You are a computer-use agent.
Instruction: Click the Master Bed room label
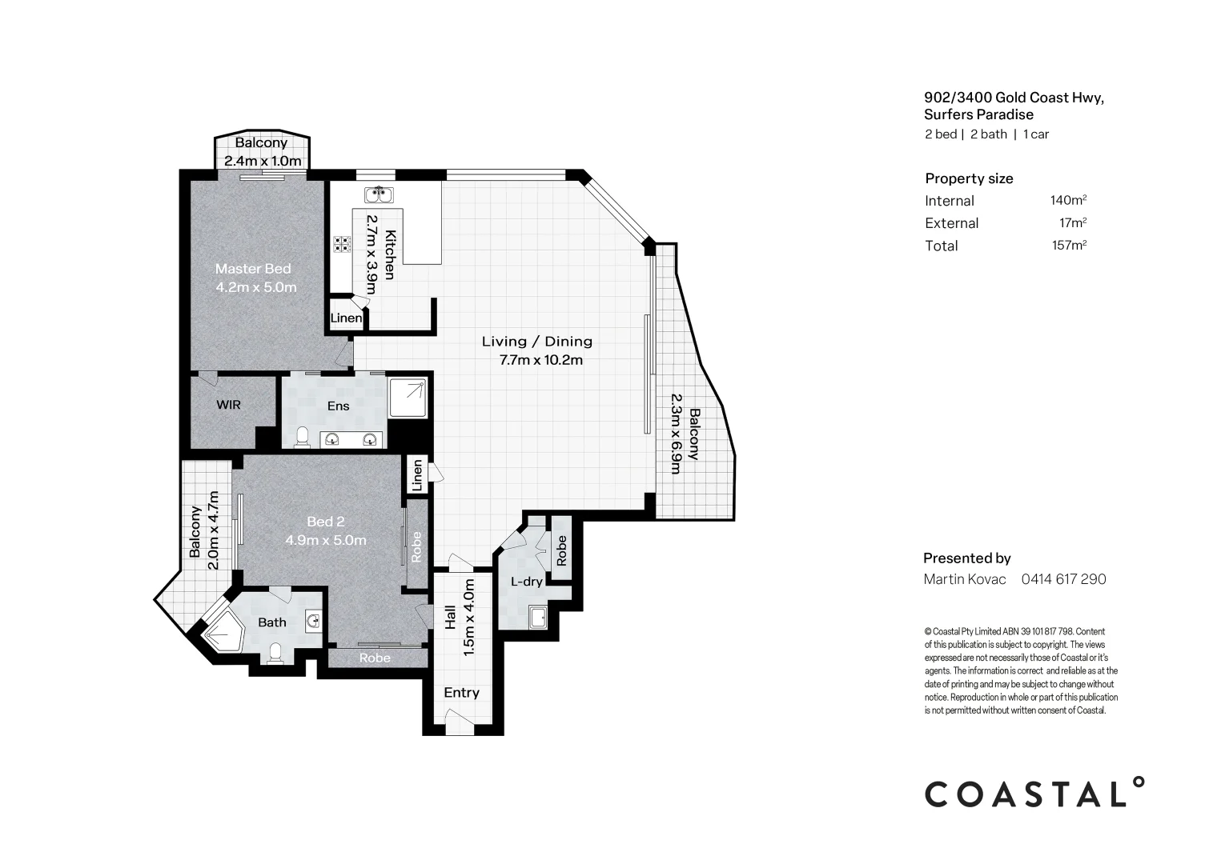(253, 269)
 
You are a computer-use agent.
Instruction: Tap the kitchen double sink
(378, 194)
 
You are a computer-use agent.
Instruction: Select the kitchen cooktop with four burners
(342, 244)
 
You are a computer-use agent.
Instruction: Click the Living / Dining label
(536, 342)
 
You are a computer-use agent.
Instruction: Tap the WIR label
(228, 405)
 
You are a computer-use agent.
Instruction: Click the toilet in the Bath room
(275, 653)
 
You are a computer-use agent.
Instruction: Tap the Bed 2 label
(325, 522)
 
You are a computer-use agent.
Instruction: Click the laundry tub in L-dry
(537, 618)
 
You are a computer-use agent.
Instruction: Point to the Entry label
(461, 693)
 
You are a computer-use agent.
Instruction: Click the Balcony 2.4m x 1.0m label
(262, 152)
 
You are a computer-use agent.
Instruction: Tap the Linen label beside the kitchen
(346, 318)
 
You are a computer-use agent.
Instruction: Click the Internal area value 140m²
(1068, 201)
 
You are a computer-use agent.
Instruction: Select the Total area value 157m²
(1069, 246)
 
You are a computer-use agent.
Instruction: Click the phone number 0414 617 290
(1063, 579)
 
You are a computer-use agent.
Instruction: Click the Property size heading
(969, 178)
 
